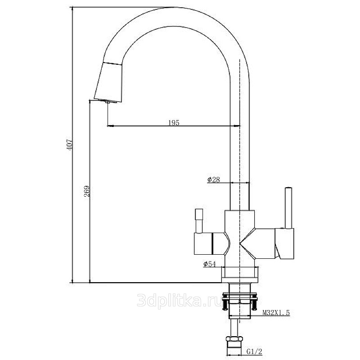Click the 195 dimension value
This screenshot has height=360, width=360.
174,122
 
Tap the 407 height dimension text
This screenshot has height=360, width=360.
69,144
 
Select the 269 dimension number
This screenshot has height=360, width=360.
87,191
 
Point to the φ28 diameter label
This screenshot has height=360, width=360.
213,179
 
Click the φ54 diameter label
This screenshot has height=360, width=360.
209,264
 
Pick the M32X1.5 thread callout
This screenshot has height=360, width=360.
276,312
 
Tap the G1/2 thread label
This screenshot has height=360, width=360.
254,351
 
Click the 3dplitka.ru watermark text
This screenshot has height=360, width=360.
180,301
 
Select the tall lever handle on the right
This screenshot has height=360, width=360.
288,208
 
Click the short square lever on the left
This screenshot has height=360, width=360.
199,220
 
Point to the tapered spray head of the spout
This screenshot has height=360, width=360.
108,82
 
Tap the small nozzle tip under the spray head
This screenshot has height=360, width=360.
108,102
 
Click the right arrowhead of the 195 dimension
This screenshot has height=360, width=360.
237,126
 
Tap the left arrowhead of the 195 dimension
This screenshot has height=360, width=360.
110,126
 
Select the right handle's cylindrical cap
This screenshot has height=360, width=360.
285,243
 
